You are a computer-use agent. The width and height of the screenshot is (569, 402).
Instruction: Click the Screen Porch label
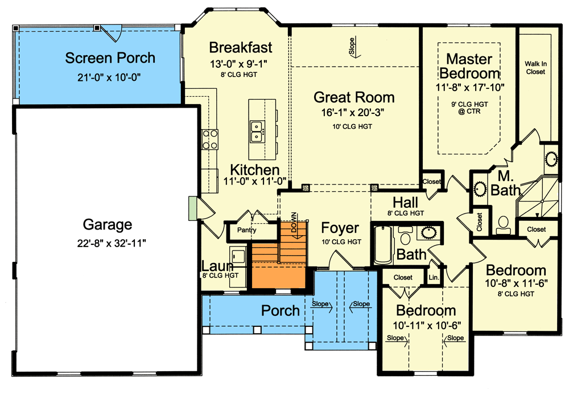coord(110,58)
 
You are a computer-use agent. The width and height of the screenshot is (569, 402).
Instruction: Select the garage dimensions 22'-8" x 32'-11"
coord(108,243)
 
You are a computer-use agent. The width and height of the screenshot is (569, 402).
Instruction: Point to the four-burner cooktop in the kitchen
coord(210,140)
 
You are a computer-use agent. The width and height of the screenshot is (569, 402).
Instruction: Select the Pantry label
coord(246,231)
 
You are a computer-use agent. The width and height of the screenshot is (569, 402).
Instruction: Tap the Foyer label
coord(340,228)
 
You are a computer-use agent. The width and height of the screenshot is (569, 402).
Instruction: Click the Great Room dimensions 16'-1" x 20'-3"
coord(354,113)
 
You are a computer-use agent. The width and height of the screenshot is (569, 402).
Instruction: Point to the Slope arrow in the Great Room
coord(351,46)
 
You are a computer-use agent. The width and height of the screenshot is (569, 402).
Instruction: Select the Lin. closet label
coord(433,278)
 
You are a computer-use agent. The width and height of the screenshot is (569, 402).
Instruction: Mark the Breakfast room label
coord(240,47)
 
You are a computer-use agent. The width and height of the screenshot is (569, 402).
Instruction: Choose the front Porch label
coord(280,310)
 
